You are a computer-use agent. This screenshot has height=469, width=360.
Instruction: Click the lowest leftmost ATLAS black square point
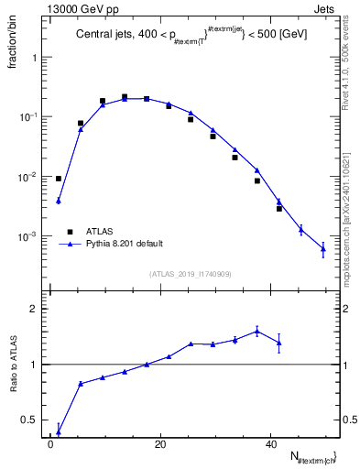click(59, 179)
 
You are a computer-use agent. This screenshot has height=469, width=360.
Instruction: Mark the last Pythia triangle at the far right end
click(322, 248)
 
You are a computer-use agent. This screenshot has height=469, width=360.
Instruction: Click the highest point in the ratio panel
click(256, 331)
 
